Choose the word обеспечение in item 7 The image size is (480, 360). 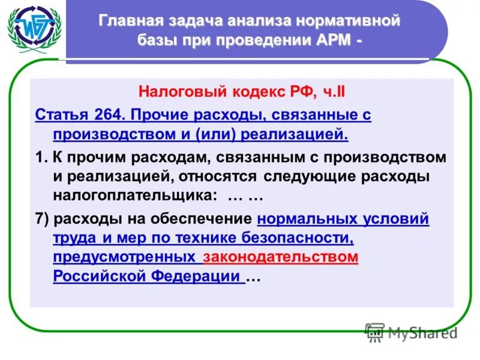pyautogui.click(x=213, y=219)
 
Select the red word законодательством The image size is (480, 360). pyautogui.click(x=281, y=257)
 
